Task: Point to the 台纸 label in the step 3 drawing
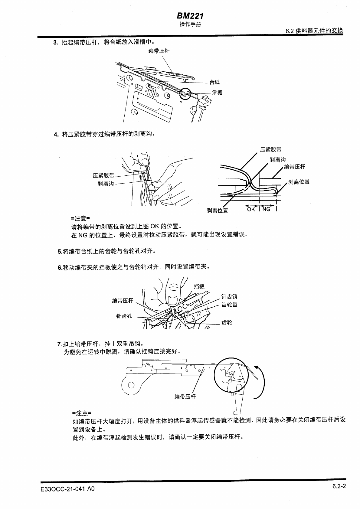tap(214, 82)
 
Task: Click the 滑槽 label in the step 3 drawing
tap(217, 93)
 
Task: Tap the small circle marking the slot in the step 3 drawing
tap(185, 94)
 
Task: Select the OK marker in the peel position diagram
tap(251, 209)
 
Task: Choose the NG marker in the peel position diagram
tap(266, 209)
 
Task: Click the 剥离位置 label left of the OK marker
tap(217, 210)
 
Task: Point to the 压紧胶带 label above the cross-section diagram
tap(270, 149)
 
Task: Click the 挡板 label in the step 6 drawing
tap(199, 286)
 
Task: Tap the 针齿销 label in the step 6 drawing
tap(229, 296)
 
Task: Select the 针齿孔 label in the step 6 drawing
tap(124, 316)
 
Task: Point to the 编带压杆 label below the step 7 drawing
tap(185, 396)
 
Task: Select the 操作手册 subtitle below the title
tap(190, 24)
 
